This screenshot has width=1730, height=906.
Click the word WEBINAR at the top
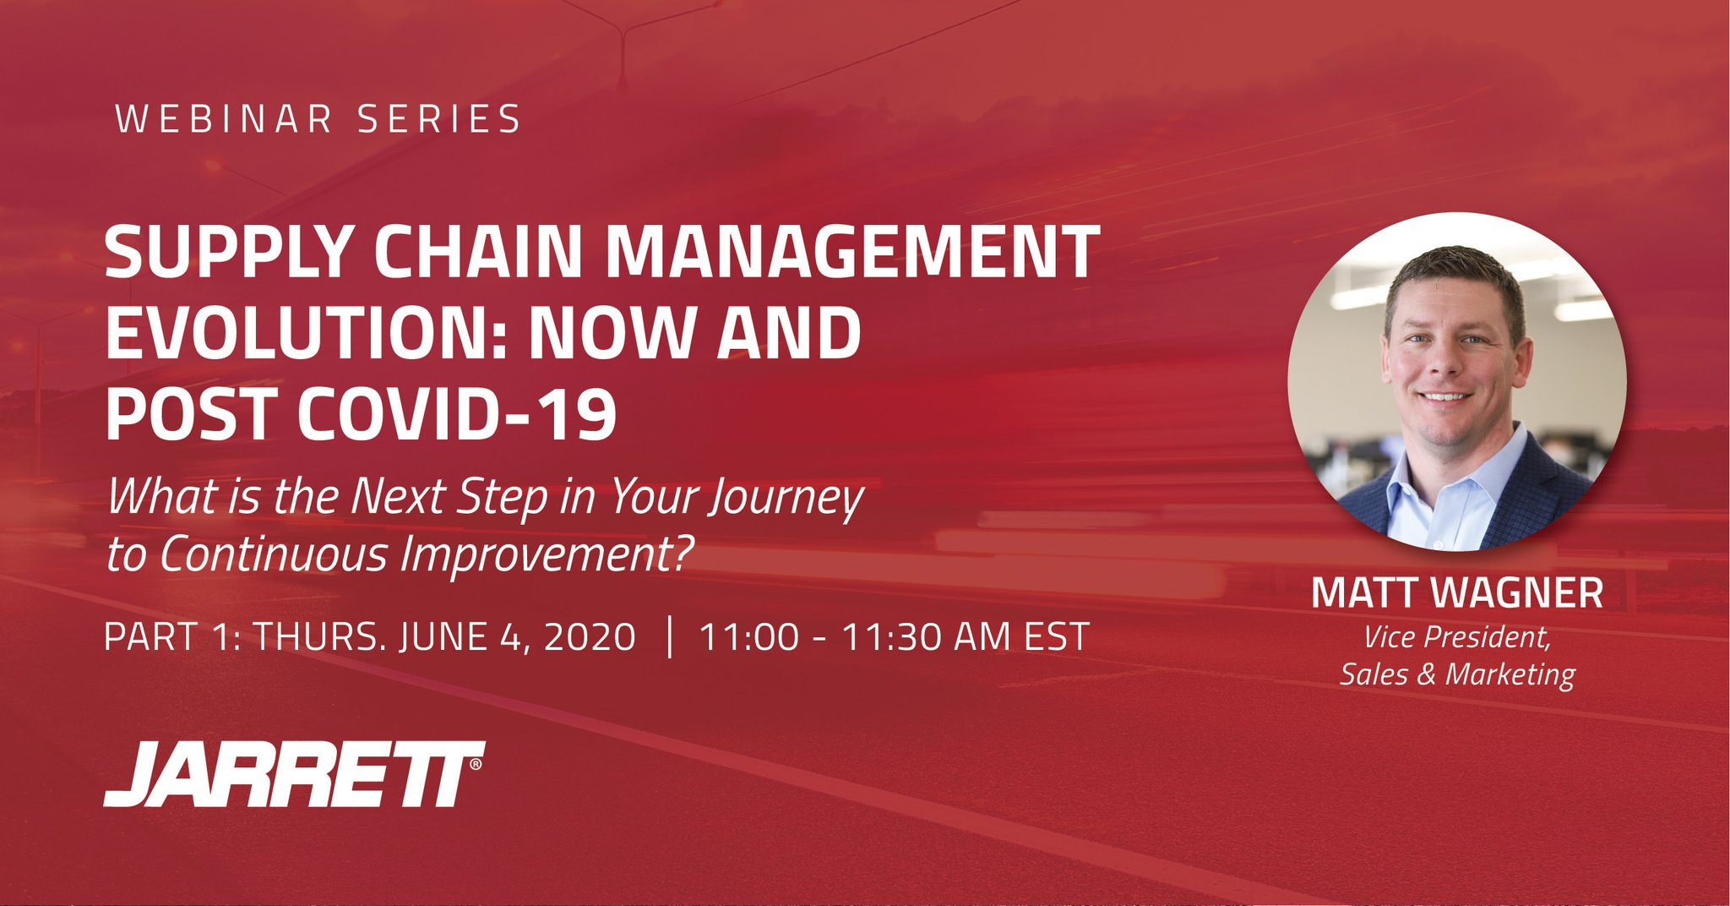[225, 119]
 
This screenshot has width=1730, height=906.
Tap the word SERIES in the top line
[439, 119]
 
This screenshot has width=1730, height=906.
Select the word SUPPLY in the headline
[227, 253]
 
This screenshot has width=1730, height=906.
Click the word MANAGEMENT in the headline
[853, 253]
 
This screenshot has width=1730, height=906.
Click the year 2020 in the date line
[590, 636]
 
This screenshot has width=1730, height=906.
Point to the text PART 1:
[172, 636]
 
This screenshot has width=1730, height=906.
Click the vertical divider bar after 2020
[669, 636]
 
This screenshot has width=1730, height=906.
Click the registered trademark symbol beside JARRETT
[476, 764]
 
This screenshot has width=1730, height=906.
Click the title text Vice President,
[1457, 637]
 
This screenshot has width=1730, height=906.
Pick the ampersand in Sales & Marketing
[1427, 674]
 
